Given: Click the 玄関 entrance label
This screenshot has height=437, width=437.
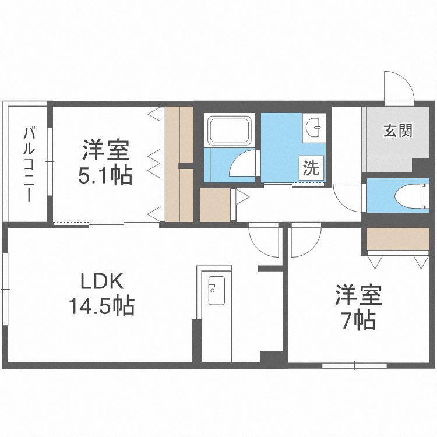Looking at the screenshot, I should coord(398,131).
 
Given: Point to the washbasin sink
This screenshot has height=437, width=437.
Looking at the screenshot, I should coord(315,126).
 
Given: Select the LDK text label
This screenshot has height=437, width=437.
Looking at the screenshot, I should coord(101,283).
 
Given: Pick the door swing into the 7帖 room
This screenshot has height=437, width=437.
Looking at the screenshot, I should coord(306,241).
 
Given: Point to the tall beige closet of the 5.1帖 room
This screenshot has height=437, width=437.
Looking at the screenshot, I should coord(179,163).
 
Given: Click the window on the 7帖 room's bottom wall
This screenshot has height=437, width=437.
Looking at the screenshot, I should coord(354,365).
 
